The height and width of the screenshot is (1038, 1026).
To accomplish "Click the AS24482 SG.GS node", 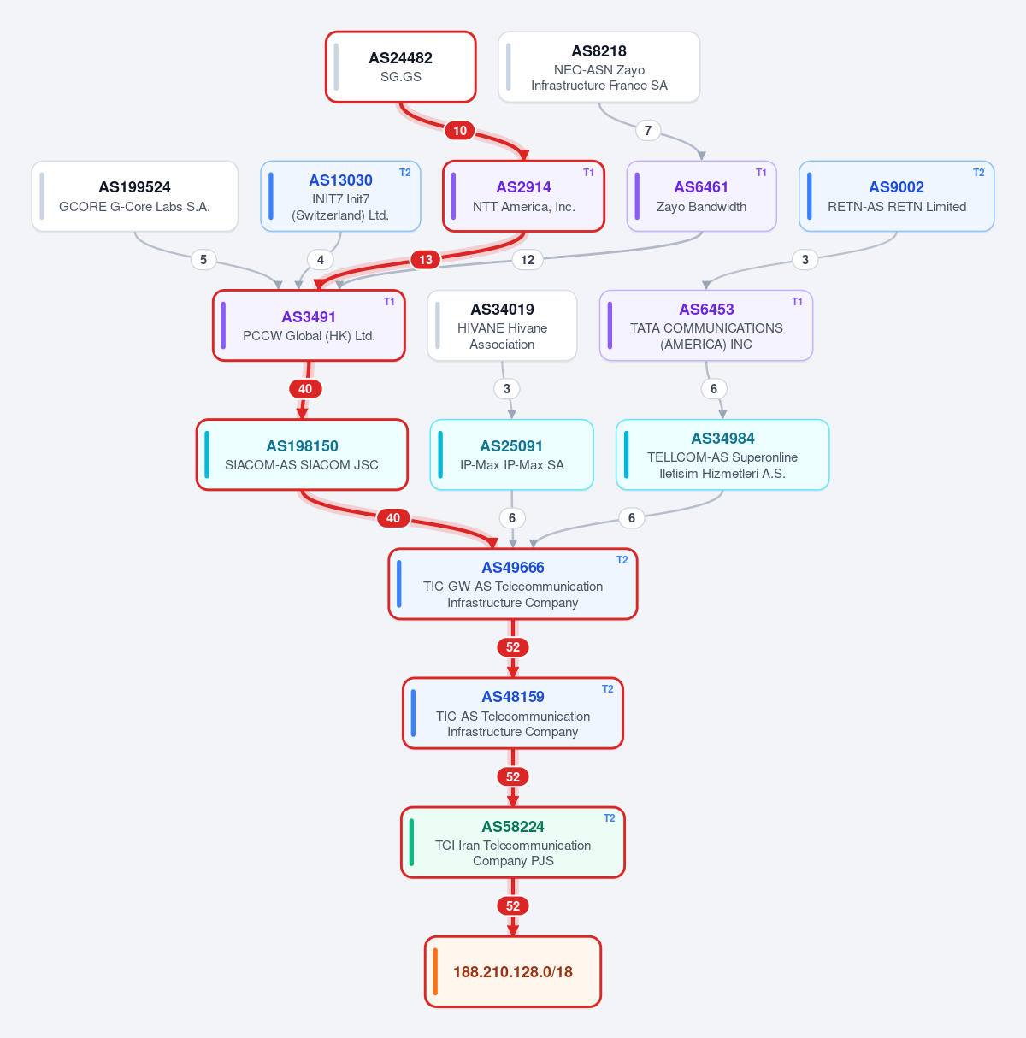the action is (400, 67).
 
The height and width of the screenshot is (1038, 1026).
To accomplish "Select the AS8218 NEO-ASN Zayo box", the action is (598, 67).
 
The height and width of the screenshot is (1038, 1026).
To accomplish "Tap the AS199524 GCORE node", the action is (135, 196).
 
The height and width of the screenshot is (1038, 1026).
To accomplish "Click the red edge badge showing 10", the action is (460, 130).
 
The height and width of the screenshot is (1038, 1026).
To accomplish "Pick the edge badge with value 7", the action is (648, 130).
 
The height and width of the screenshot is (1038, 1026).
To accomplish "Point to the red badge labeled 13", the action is (426, 260).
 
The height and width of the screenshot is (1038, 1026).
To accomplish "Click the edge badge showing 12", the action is (527, 260).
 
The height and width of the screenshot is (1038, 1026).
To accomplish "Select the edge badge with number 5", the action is (203, 260).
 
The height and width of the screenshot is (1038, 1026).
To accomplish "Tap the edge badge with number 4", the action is (320, 260).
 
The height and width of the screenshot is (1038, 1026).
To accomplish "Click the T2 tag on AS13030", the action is (404, 173).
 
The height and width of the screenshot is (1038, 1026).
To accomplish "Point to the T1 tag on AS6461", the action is (761, 173).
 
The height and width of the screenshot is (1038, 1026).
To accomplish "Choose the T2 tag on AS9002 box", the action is (979, 173).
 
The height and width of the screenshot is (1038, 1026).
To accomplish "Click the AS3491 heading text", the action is (309, 316).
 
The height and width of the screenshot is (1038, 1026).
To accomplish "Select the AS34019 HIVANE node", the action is (502, 326).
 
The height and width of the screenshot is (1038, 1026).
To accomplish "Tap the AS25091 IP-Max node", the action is (512, 455).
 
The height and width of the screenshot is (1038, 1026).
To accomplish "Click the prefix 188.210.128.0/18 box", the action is (512, 971).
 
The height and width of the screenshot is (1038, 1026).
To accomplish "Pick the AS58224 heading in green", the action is (512, 826).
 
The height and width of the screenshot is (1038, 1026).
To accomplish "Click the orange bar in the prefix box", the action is (435, 971).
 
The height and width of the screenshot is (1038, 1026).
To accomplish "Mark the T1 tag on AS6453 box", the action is (797, 302).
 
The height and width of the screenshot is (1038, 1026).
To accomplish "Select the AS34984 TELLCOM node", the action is (722, 455).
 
